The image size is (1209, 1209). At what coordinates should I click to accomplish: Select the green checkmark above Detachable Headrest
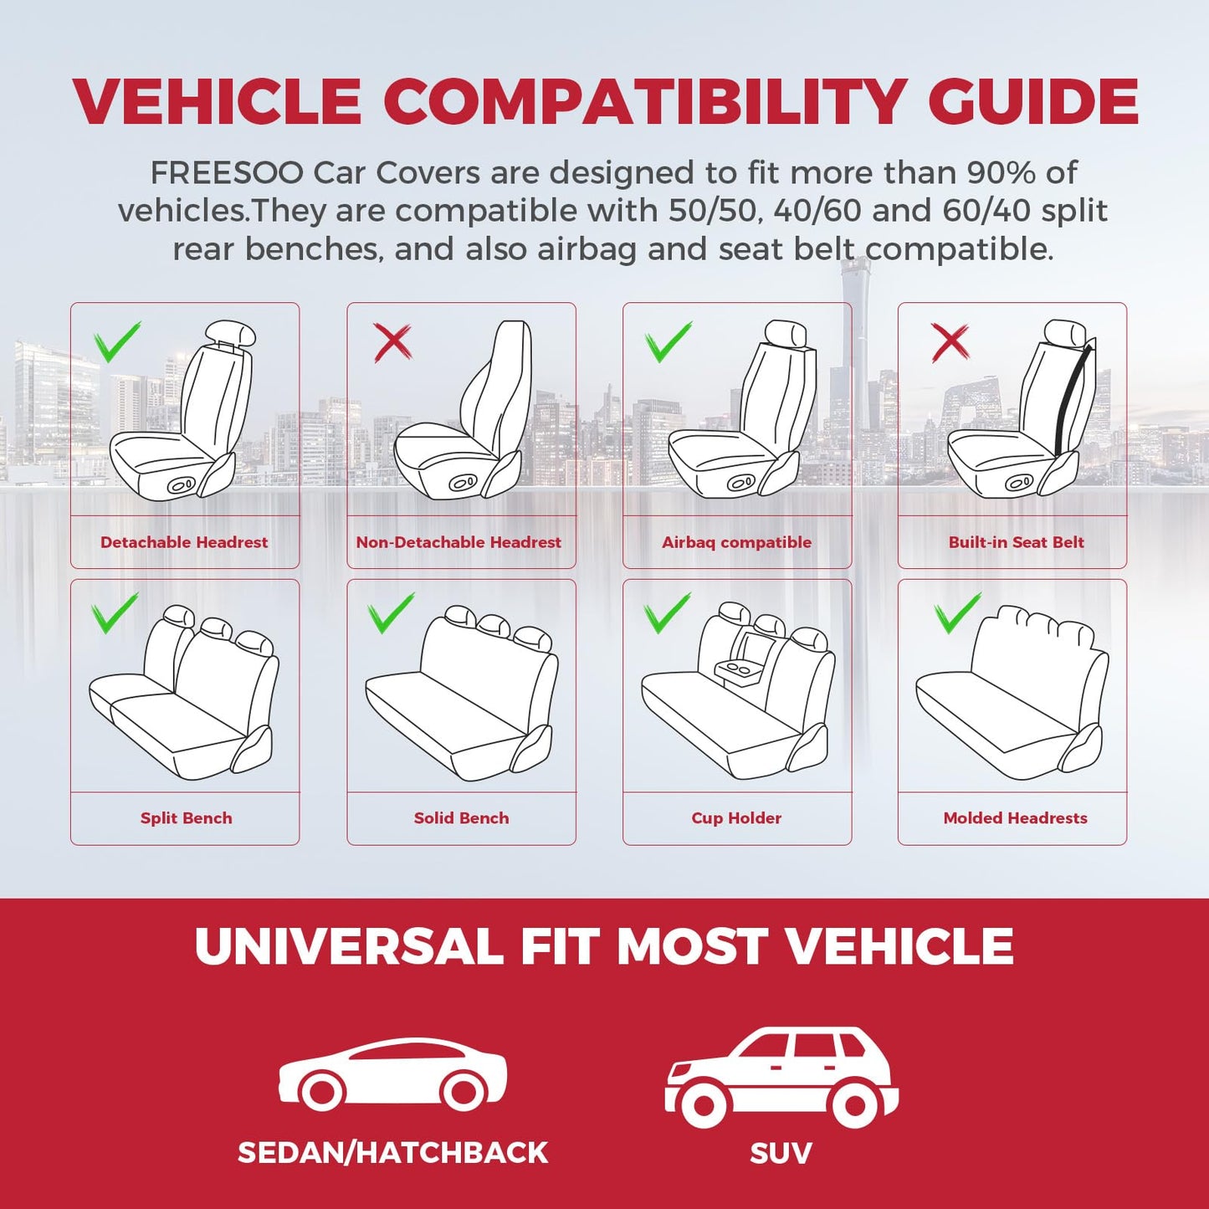point(117,341)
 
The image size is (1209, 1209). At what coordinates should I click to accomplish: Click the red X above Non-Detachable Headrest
point(392,342)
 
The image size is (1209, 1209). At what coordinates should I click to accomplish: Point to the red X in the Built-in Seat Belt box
point(950,342)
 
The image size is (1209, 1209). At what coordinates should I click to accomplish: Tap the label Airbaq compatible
point(736,542)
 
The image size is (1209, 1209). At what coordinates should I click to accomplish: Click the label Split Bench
point(187,818)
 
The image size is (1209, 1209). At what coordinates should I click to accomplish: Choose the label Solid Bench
point(461,818)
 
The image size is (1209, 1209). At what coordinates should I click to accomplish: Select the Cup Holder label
point(736,818)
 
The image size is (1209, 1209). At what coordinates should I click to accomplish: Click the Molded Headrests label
point(1015,818)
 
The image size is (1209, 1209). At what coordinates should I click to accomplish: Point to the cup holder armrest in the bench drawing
point(738,679)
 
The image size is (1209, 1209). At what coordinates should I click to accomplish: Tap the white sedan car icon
point(392,1073)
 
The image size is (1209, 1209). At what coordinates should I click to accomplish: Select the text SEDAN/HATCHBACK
point(392,1153)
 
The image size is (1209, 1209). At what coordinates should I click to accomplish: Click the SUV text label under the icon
point(781,1153)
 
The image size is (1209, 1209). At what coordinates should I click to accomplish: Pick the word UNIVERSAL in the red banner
point(349,945)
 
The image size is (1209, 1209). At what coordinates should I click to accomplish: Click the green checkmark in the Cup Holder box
point(667,612)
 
